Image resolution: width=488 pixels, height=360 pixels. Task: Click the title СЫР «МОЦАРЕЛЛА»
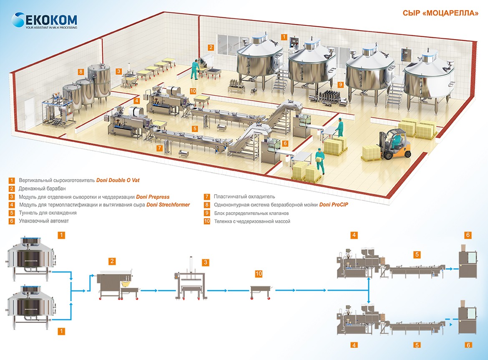(x=440, y=13)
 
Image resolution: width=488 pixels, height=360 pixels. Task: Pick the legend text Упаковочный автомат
(x=43, y=221)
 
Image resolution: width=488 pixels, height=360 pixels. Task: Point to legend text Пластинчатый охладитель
(x=244, y=196)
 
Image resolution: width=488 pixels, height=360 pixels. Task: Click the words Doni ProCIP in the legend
(x=334, y=205)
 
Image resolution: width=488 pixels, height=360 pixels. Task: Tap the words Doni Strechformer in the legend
(x=168, y=205)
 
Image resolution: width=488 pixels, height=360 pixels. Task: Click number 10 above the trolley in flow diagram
(x=259, y=274)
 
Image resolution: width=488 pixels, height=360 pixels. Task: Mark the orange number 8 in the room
(x=81, y=71)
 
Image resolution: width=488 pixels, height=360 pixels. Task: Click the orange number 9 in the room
(x=341, y=84)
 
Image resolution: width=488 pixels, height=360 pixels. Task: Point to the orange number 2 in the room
(x=211, y=48)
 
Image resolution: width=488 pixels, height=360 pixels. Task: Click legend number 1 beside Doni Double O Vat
(x=12, y=180)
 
